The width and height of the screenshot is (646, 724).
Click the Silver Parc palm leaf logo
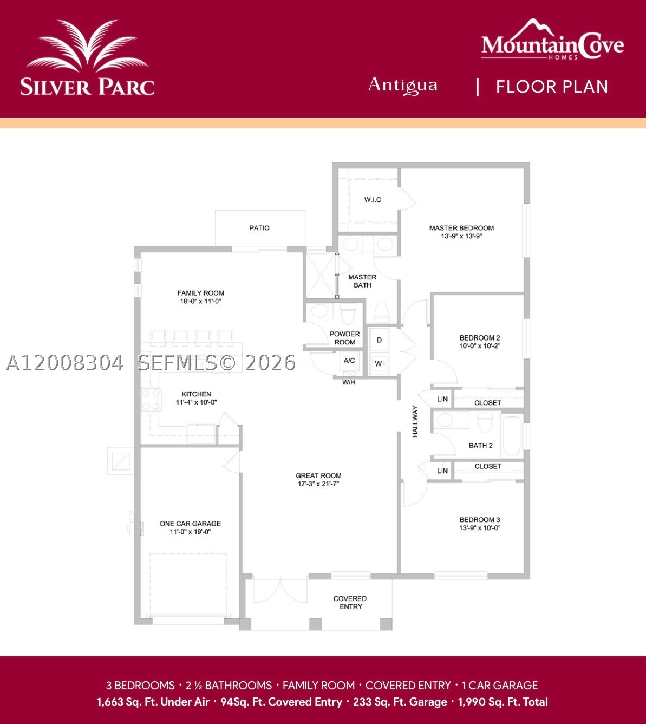[x=87, y=46]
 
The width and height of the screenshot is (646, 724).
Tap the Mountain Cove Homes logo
[x=552, y=40]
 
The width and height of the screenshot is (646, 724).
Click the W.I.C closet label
[x=373, y=199]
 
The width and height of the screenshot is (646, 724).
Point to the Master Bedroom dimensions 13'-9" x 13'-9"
[x=462, y=236]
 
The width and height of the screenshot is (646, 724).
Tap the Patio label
[x=259, y=228]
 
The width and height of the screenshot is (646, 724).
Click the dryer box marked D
[x=379, y=340]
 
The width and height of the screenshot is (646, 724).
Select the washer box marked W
[x=379, y=364]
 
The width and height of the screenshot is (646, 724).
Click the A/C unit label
[x=349, y=361]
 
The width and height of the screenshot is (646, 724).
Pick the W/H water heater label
[x=349, y=382]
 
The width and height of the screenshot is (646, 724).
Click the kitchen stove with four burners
[x=151, y=400]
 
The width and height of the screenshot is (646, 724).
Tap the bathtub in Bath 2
[x=512, y=436]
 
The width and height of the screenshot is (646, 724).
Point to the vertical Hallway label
[x=415, y=421]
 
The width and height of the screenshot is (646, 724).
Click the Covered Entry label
[x=350, y=603]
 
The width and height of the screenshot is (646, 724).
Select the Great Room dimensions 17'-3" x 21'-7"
[x=318, y=484]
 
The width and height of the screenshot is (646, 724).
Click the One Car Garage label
[x=190, y=524]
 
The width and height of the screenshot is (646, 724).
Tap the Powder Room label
[x=344, y=338]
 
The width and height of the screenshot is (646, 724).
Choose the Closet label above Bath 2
[x=488, y=403]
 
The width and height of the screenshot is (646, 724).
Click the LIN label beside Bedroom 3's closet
[x=442, y=471]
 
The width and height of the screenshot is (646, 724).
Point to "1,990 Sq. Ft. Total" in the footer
[x=503, y=702]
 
